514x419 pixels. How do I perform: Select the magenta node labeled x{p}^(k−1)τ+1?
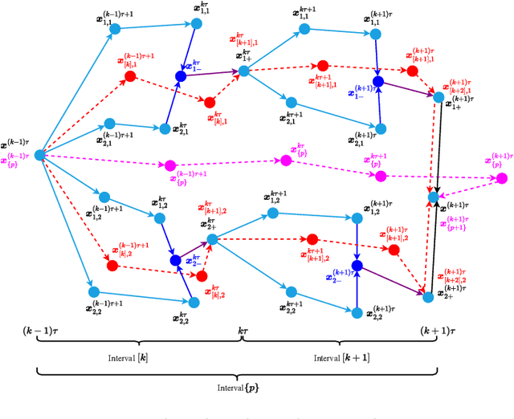pos(169,165)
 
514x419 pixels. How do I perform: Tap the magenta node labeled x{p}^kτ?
pos(284,161)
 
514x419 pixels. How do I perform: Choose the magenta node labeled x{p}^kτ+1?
pos(381,175)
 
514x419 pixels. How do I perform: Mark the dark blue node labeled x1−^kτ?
pos(181,76)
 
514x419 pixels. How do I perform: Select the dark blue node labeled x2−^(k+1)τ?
pos(357,266)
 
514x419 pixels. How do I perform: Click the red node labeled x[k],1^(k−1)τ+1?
pos(129,76)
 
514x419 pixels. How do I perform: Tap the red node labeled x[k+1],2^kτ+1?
pos(312,239)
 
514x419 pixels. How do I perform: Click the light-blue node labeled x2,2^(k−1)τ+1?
pos(92,292)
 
